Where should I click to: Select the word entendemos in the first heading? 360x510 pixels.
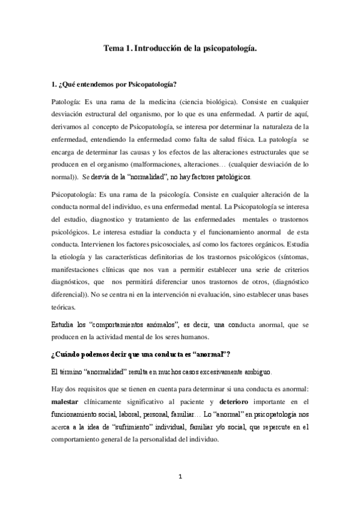coord(91,83)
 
